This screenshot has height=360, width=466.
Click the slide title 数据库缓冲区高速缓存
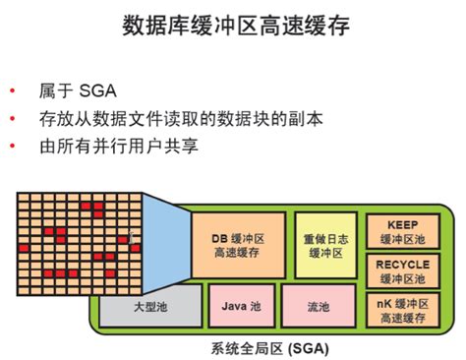click(x=233, y=24)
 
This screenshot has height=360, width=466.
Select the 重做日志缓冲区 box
click(x=323, y=246)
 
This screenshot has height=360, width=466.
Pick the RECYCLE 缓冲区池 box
click(x=402, y=271)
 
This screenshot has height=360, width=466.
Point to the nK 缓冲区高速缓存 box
click(x=402, y=310)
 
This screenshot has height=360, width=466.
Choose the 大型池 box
click(x=149, y=308)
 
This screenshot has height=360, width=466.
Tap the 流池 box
click(x=318, y=308)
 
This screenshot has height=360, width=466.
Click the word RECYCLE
click(x=402, y=264)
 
